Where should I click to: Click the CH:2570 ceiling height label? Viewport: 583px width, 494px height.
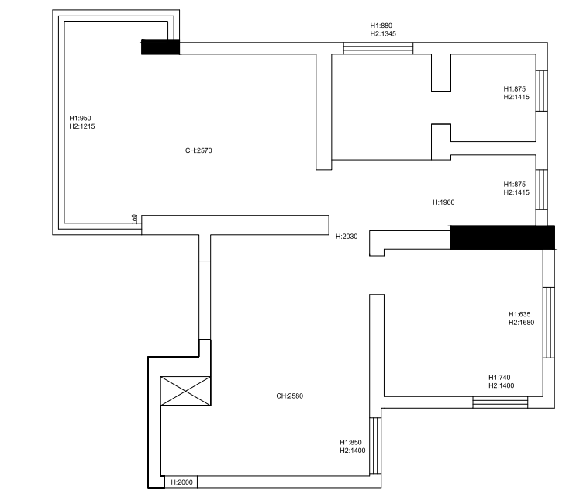pyautogui.click(x=198, y=150)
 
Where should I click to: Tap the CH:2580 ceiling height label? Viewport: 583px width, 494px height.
pyautogui.click(x=290, y=396)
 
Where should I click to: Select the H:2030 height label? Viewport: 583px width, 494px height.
pyautogui.click(x=347, y=237)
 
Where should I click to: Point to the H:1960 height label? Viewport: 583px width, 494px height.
pyautogui.click(x=443, y=202)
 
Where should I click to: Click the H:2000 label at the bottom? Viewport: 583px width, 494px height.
pyautogui.click(x=182, y=482)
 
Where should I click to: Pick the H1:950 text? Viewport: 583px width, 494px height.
pyautogui.click(x=80, y=119)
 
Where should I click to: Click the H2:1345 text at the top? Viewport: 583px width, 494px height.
pyautogui.click(x=383, y=34)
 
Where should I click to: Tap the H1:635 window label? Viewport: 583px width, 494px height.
pyautogui.click(x=519, y=314)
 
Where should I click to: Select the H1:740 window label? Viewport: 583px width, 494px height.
pyautogui.click(x=499, y=378)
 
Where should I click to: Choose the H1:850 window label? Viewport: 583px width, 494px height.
pyautogui.click(x=350, y=443)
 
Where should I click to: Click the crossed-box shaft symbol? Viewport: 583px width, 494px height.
pyautogui.click(x=185, y=391)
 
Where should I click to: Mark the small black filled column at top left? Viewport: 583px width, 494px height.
pyautogui.click(x=160, y=47)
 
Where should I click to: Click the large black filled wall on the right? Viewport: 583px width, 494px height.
pyautogui.click(x=502, y=237)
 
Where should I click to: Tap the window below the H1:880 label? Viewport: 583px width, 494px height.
pyautogui.click(x=378, y=48)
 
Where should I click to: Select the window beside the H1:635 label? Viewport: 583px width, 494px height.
pyautogui.click(x=549, y=323)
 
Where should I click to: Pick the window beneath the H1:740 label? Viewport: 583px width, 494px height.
pyautogui.click(x=500, y=402)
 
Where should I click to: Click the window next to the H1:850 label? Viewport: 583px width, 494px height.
pyautogui.click(x=375, y=446)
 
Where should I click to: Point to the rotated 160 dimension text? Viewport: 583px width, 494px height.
pyautogui.click(x=134, y=219)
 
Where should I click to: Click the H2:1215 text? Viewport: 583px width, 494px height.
pyautogui.click(x=82, y=126)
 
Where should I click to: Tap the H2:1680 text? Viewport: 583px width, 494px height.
pyautogui.click(x=521, y=323)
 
